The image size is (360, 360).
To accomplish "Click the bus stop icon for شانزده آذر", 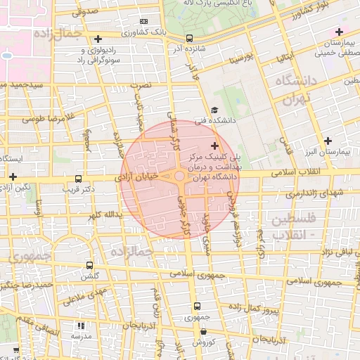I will tap(189, 39).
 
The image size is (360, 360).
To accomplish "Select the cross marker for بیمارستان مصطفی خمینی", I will tap(340, 32).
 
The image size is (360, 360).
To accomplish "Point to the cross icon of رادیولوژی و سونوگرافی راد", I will tap(98, 39).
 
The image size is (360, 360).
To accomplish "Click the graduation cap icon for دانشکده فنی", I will tap(214, 109).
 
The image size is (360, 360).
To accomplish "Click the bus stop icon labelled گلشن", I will tap(89, 265).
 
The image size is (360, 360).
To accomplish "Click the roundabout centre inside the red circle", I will tap(180, 176).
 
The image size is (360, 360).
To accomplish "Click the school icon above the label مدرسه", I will tap(82, 326).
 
